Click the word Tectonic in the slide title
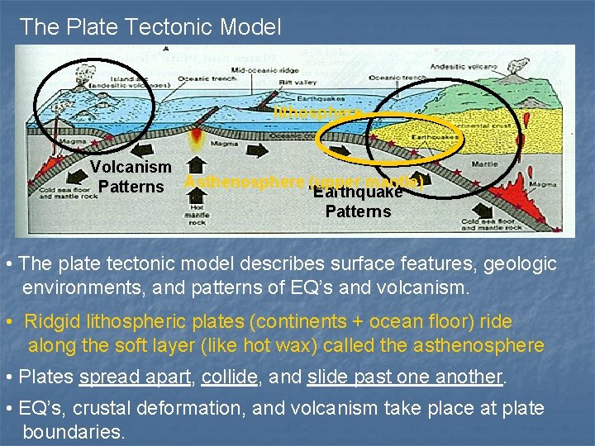pos(170,26)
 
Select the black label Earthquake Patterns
pos(358,202)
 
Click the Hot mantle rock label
pos(198,217)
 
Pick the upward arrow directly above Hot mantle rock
pos(197,192)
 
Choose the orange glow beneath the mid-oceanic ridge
pos(198,137)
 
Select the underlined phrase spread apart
pos(135,377)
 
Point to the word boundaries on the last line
pos(74,431)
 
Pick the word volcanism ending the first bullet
pos(429,288)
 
